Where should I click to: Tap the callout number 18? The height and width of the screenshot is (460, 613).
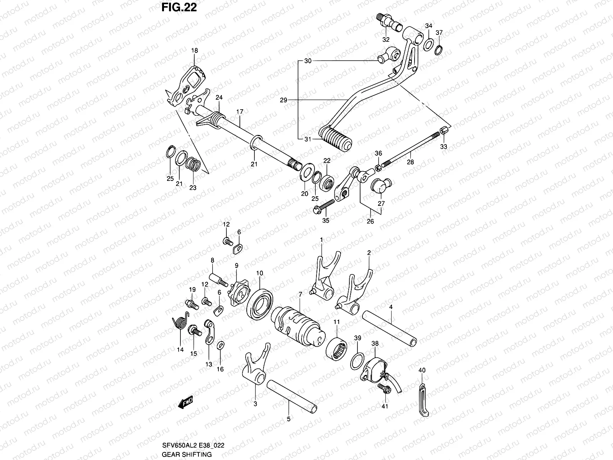[195, 51]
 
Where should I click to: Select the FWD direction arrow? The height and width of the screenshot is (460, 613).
[185, 402]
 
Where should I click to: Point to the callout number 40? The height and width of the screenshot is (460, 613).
[422, 370]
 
